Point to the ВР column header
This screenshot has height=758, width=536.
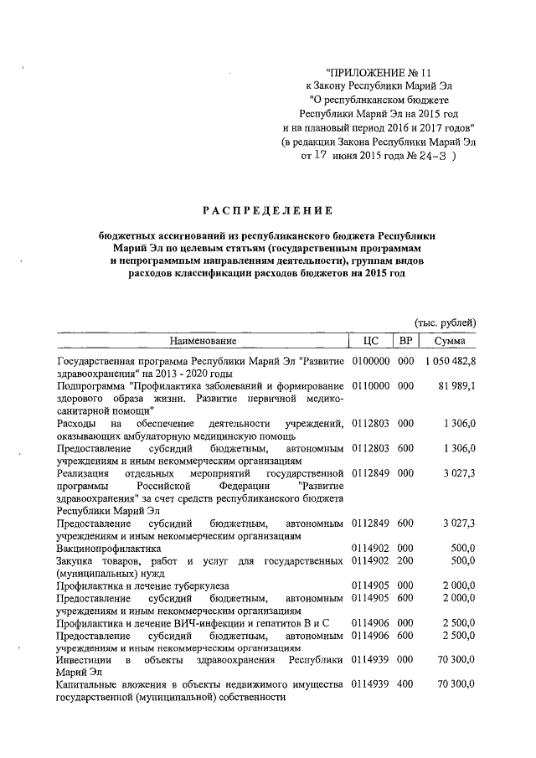pyautogui.click(x=406, y=341)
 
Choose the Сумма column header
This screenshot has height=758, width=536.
pyautogui.click(x=450, y=341)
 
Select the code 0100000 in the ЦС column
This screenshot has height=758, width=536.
pyautogui.click(x=370, y=361)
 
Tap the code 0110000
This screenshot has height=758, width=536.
pyautogui.click(x=370, y=385)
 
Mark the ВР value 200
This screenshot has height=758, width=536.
pyautogui.click(x=406, y=559)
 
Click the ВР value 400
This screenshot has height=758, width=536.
pyautogui.click(x=406, y=684)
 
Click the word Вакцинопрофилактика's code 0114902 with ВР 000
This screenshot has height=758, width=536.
pyautogui.click(x=370, y=547)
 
